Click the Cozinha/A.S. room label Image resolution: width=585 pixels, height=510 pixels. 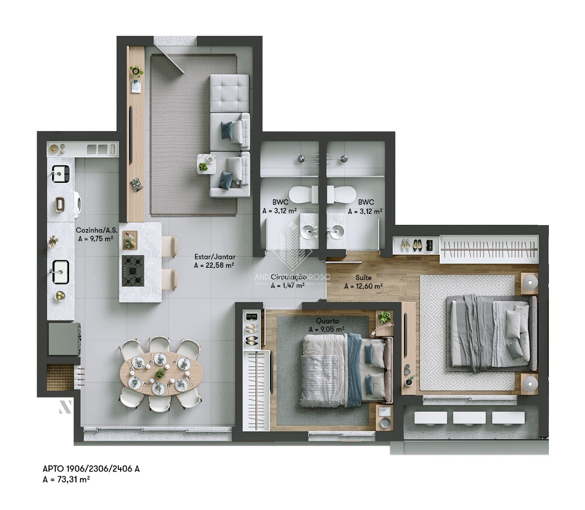95,230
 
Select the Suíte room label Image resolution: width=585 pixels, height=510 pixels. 364,277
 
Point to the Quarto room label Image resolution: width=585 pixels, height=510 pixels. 327,321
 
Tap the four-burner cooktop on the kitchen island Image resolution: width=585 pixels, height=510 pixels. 133,271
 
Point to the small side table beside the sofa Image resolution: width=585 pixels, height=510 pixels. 206,163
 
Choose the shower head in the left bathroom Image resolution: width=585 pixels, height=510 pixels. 301,159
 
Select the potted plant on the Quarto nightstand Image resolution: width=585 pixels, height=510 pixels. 385,317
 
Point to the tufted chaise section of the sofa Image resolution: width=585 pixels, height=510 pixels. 229,93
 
